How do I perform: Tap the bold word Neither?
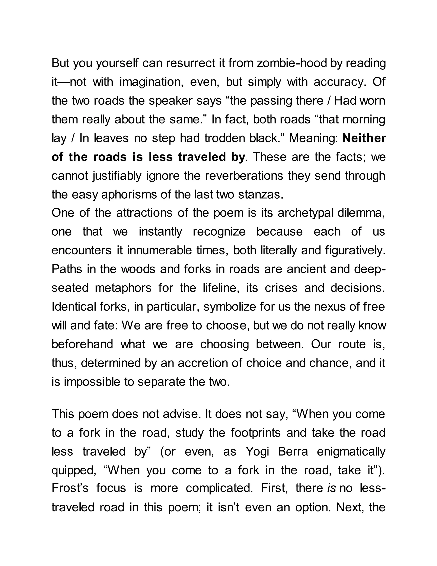(x=364, y=138)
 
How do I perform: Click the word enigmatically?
(x=351, y=452)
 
